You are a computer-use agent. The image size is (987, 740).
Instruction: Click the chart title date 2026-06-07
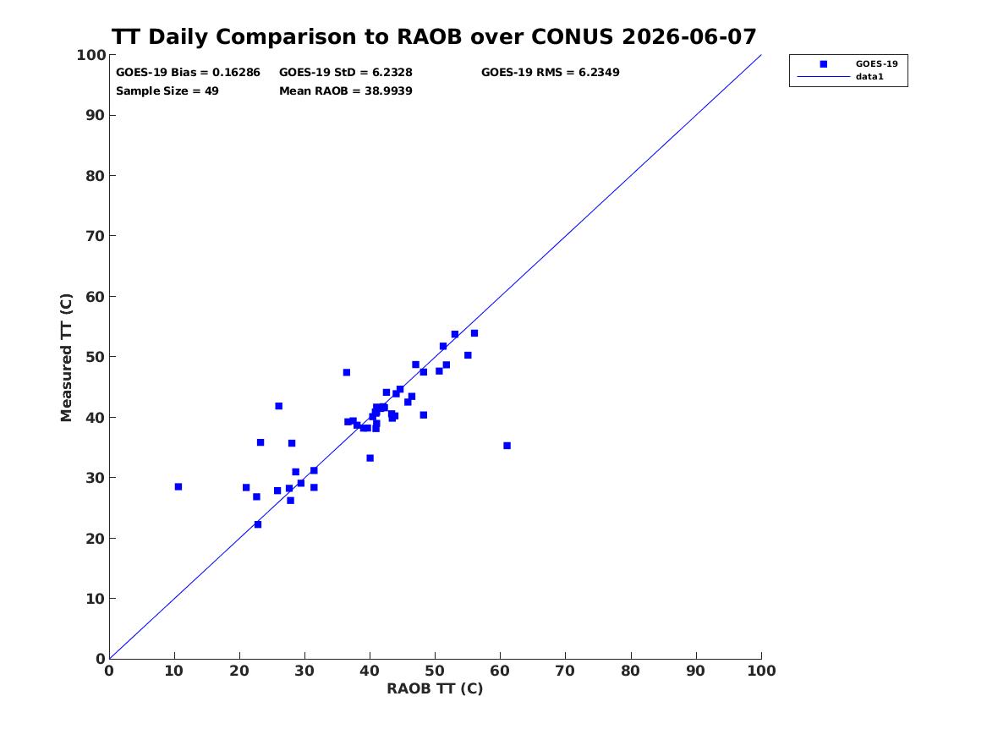(x=688, y=37)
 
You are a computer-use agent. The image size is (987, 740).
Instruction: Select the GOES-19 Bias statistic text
(x=188, y=73)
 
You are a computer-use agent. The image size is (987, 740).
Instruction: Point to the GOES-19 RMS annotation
(x=550, y=73)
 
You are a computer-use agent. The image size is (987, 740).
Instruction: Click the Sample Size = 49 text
(x=167, y=91)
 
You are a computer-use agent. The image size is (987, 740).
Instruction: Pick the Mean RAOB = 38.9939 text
(x=346, y=91)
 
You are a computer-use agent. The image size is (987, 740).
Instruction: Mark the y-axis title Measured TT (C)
(x=66, y=358)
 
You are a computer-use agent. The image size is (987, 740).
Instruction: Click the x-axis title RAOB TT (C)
(x=435, y=688)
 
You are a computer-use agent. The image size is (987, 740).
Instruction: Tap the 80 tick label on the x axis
(x=631, y=671)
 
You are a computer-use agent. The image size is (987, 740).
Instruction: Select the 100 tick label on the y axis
(x=91, y=55)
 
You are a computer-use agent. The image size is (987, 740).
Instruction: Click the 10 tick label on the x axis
(x=174, y=671)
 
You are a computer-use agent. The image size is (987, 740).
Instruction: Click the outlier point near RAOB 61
(x=507, y=446)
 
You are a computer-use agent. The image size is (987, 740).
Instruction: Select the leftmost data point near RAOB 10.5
(x=178, y=486)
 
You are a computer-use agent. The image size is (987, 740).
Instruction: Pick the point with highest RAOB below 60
(x=474, y=333)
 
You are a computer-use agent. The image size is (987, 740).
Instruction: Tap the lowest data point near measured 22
(x=257, y=524)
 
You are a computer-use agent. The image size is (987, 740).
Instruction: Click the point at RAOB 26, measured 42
(x=279, y=406)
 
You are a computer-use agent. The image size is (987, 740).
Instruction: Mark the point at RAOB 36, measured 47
(x=346, y=372)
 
